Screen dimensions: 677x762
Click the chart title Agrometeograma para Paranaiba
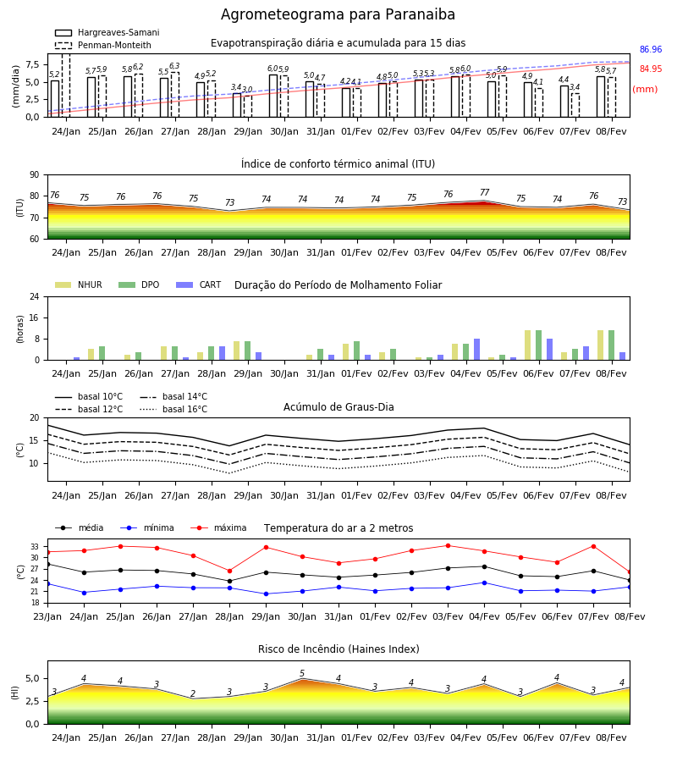click(338, 14)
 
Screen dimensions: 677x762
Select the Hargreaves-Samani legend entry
click(107, 32)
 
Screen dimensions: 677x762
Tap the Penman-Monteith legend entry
click(103, 45)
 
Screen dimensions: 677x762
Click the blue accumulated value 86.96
click(651, 50)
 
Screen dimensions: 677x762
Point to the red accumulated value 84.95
click(651, 69)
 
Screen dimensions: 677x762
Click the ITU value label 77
click(484, 192)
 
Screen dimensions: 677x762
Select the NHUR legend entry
click(79, 284)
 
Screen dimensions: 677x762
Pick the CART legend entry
click(199, 284)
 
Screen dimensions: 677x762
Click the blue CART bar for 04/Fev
click(477, 350)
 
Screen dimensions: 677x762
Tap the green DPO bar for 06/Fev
click(538, 345)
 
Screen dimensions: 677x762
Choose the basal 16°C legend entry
click(173, 409)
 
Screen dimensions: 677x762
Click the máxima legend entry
click(219, 527)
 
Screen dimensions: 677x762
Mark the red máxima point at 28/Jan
click(229, 571)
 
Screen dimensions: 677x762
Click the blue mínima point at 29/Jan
click(266, 594)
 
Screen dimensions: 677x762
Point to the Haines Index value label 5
click(302, 674)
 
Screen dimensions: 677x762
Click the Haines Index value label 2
click(193, 693)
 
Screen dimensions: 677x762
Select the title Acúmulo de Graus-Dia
click(338, 407)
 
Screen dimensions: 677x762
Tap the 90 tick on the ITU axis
click(34, 175)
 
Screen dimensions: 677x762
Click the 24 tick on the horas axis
click(34, 296)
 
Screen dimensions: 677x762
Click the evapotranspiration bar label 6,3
click(174, 66)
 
